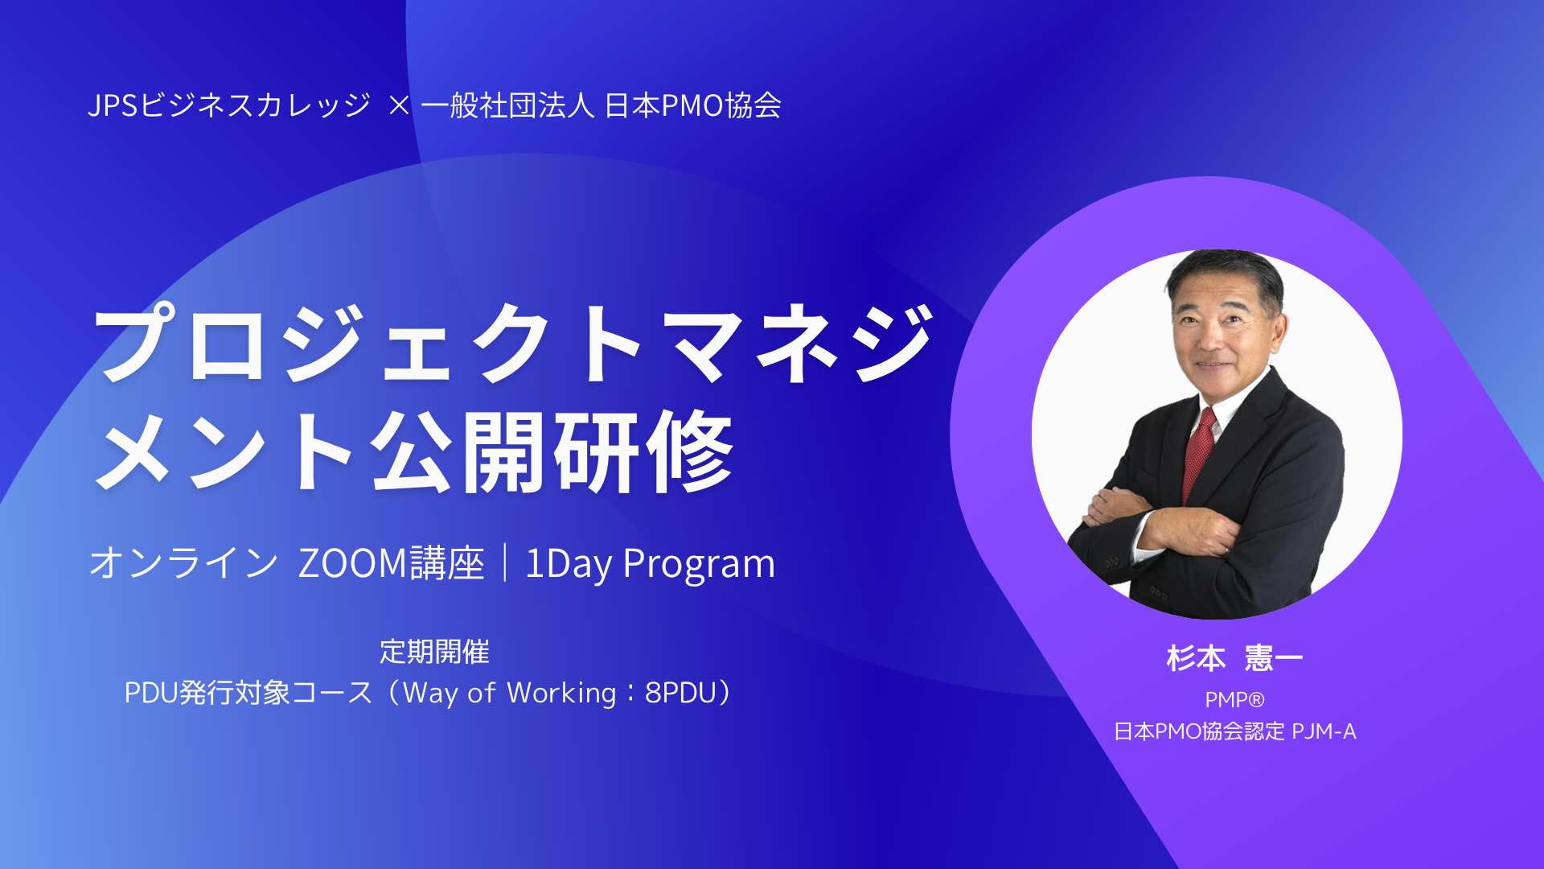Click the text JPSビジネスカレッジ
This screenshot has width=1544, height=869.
pos(229,105)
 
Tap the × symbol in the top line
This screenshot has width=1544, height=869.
pos(399,105)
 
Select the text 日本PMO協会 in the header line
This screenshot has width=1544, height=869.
pos(692,105)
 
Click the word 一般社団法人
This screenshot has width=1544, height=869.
pos(507,105)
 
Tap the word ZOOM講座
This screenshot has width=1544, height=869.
pos(391,562)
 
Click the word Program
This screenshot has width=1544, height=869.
pos(699,563)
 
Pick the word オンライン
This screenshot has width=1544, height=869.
pos(184,562)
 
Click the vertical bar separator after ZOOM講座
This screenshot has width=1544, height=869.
pos(505,562)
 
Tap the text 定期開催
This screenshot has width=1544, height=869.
pos(434,652)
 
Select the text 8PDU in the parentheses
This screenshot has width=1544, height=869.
pos(680,693)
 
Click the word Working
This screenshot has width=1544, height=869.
pos(561,693)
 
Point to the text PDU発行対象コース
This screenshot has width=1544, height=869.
pos(248,693)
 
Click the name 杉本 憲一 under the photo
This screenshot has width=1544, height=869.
pos(1234,658)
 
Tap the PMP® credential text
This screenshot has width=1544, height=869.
pos(1234,700)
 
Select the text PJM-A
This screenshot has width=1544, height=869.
pos(1324,731)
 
